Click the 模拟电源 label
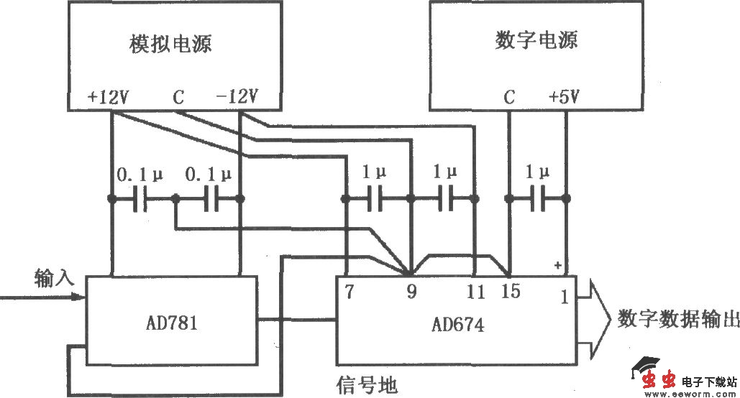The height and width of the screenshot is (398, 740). (170, 45)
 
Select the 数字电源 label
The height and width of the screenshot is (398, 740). (536, 40)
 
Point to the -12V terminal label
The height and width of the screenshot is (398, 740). (237, 97)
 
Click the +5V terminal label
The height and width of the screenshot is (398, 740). (563, 97)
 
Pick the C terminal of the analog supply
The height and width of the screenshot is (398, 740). (177, 97)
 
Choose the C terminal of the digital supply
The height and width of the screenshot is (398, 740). (509, 97)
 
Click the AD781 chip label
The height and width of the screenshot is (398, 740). (171, 323)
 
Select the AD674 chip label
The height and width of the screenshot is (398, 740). (457, 325)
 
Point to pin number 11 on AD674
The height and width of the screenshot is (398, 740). (475, 292)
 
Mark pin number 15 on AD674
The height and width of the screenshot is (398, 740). (511, 292)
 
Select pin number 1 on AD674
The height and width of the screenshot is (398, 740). (565, 295)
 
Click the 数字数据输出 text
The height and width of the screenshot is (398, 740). (677, 320)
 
